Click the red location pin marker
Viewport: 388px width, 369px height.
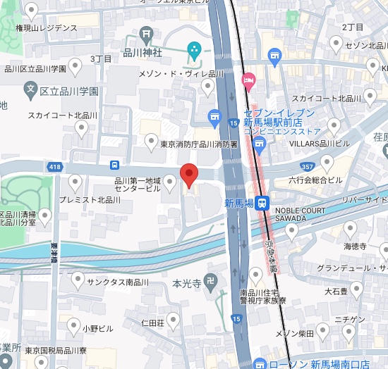click(x=188, y=174)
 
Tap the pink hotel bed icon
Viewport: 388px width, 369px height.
click(x=247, y=80)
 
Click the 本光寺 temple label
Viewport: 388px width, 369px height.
click(x=188, y=284)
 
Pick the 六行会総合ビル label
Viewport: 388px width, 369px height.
click(x=316, y=180)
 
